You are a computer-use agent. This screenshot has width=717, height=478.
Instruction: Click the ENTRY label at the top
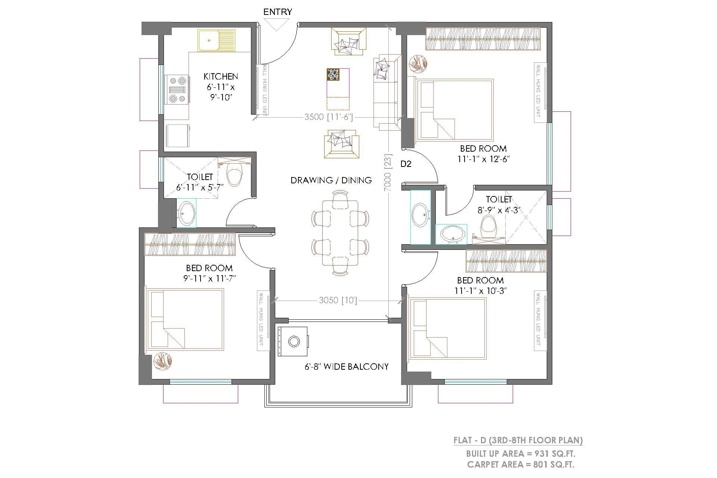click(x=277, y=12)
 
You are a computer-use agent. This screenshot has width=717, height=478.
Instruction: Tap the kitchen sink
click(x=217, y=40)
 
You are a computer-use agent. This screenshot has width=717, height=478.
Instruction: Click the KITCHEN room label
click(x=221, y=77)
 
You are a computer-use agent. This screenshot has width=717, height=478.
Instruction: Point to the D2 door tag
click(x=406, y=164)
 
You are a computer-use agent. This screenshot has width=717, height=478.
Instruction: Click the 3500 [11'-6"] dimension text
click(x=328, y=117)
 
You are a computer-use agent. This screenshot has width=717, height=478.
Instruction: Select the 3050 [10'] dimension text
click(x=338, y=300)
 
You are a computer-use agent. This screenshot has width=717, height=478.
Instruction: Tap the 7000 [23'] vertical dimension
click(x=388, y=173)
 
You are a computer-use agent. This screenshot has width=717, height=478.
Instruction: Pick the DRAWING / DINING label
click(x=331, y=180)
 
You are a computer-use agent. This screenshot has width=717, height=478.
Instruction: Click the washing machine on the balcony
click(x=294, y=341)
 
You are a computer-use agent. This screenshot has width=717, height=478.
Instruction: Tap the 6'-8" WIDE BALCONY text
click(x=347, y=367)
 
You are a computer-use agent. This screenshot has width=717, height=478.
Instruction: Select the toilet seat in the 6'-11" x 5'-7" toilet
click(x=235, y=175)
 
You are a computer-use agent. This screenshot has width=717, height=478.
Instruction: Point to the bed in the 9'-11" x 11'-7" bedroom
click(x=186, y=319)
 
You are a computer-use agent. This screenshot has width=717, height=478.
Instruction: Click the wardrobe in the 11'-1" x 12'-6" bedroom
click(x=483, y=40)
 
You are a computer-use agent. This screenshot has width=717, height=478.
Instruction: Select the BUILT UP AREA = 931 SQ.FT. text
click(x=520, y=454)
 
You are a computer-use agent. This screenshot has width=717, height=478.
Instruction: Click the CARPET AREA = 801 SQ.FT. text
click(x=520, y=465)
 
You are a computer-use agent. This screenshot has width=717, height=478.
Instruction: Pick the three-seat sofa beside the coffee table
click(x=385, y=92)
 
